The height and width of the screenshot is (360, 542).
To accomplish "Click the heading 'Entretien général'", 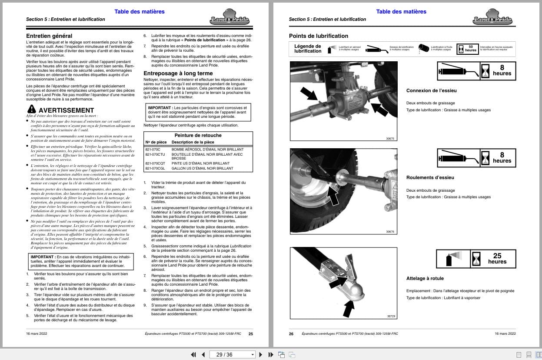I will tap(49, 36).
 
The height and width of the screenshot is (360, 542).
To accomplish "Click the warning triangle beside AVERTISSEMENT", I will tap(31, 109).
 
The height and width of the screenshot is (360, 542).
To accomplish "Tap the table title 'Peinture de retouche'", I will tap(198, 135).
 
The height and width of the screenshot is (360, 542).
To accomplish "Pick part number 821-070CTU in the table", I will tap(155, 154).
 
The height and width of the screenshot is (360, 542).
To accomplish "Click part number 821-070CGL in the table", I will tap(155, 168).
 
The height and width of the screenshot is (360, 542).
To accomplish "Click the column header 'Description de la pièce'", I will tap(193, 142).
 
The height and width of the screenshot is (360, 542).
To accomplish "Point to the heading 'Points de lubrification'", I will tap(319, 36).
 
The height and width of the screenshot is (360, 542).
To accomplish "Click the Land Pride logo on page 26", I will tap(492, 17).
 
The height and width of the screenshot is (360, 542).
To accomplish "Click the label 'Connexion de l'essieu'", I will tap(431, 91).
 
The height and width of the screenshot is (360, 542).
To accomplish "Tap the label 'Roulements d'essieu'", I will tap(430, 177).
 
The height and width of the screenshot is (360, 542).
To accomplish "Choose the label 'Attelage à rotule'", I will tap(425, 278).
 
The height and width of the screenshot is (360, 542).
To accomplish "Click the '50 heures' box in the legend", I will tap(470, 48).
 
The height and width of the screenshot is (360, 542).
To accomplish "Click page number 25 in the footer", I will tap(250, 334).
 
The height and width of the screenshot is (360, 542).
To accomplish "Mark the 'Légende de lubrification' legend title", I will tap(307, 49).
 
